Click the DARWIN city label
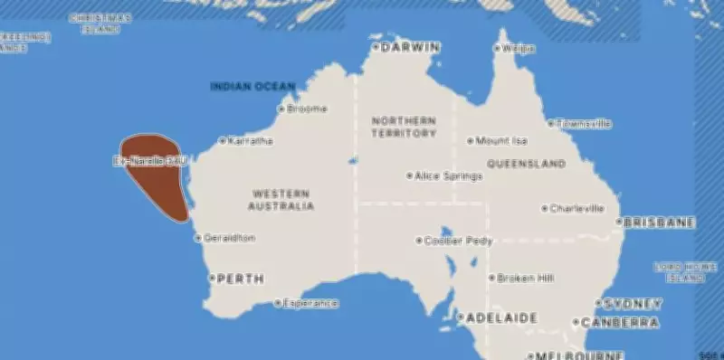(x=411, y=47)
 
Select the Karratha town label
(x=252, y=141)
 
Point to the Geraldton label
(x=231, y=238)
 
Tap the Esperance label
(x=310, y=303)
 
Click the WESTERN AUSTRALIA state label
(x=281, y=200)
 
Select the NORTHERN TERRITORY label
(x=403, y=127)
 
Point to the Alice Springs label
(x=448, y=175)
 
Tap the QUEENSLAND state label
(x=526, y=164)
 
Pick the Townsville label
(x=585, y=123)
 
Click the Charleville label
(x=577, y=208)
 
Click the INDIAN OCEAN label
(x=252, y=87)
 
